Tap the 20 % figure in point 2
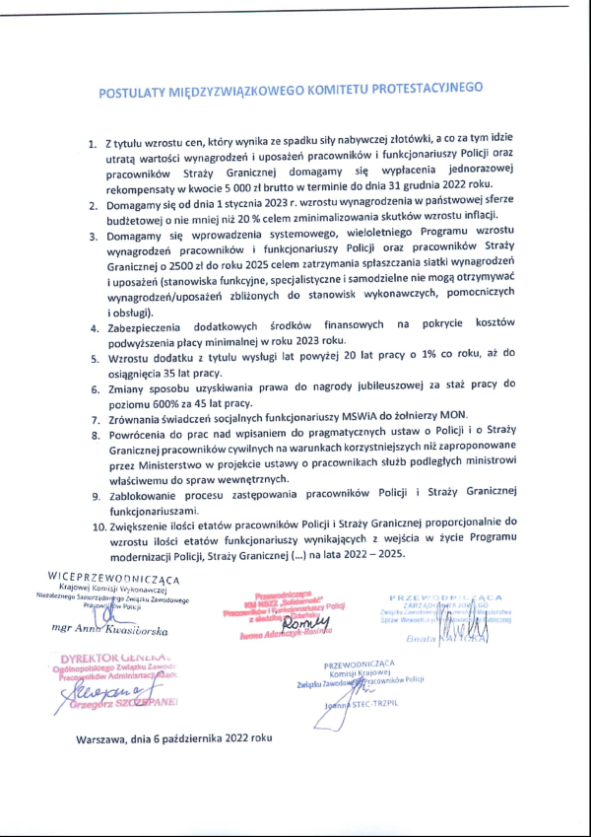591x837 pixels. (308, 215)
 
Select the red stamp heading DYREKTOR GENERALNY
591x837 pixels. (117, 656)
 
